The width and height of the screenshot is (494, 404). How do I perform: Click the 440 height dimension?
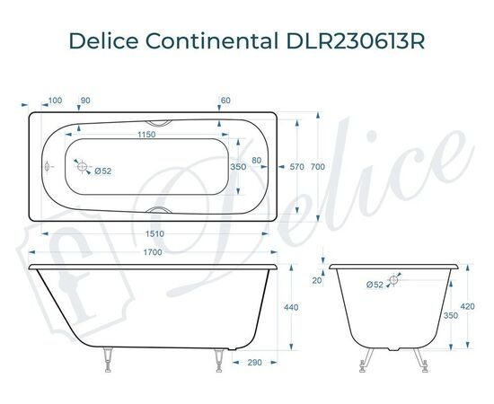(x=290, y=308)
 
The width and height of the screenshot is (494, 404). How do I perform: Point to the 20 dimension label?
(x=316, y=280)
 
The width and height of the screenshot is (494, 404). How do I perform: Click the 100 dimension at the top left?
(x=56, y=100)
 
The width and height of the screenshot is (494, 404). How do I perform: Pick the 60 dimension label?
(x=225, y=100)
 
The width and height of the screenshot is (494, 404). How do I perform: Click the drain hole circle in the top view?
(x=82, y=167)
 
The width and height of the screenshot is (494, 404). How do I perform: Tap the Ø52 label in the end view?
(x=376, y=285)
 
